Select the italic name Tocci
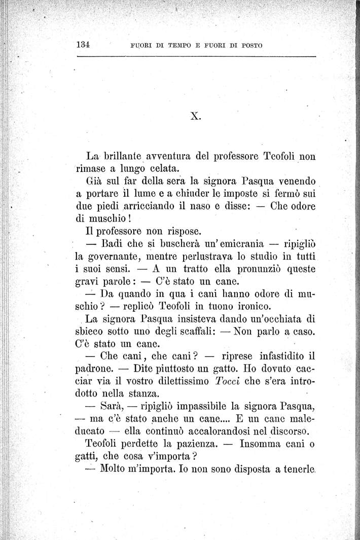coord(227,380)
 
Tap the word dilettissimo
coord(174,380)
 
